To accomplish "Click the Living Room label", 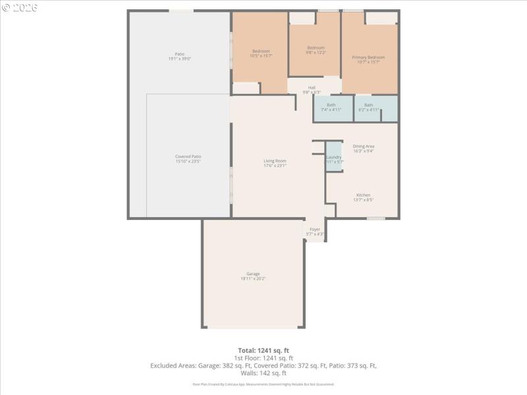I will [x=275, y=163].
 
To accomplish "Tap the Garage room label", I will [x=253, y=276].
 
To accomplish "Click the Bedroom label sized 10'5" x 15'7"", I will [x=261, y=53].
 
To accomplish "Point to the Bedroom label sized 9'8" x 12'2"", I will [x=316, y=50].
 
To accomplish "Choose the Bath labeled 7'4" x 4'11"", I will [x=331, y=107].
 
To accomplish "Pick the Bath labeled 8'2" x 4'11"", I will [x=368, y=107].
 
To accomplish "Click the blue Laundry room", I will [x=334, y=157].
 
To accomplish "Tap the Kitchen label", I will [x=363, y=197].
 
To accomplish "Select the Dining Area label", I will [x=364, y=148].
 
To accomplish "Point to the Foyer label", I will [x=315, y=231].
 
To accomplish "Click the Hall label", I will [x=312, y=90].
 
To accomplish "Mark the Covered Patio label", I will [x=188, y=159].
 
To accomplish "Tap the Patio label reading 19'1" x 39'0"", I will [x=179, y=56].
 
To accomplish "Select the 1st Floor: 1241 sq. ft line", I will [x=263, y=357].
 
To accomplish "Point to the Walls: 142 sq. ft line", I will [x=263, y=373].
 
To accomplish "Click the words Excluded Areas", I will [x=173, y=365].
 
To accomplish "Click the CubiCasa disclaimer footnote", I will [x=263, y=384].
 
